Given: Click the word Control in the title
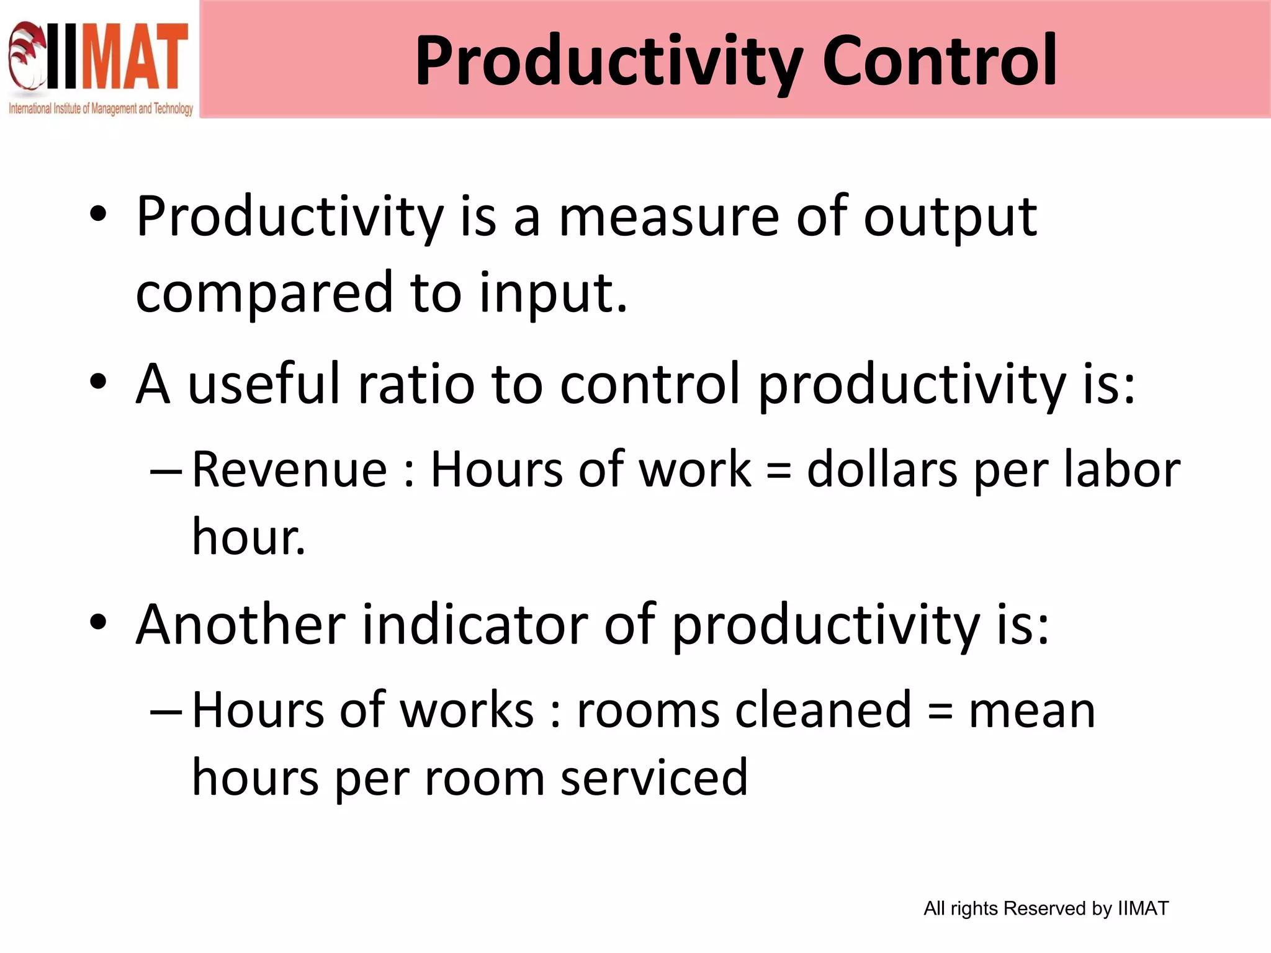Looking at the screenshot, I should click(x=940, y=61).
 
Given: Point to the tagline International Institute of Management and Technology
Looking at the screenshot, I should click(x=101, y=109).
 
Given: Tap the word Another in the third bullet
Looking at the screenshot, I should click(x=241, y=625).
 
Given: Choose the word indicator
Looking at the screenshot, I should click(x=475, y=625).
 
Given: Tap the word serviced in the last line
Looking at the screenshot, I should click(x=654, y=778).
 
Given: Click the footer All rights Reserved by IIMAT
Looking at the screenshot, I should click(x=1046, y=908).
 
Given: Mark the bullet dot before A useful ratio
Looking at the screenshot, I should click(x=98, y=382).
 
